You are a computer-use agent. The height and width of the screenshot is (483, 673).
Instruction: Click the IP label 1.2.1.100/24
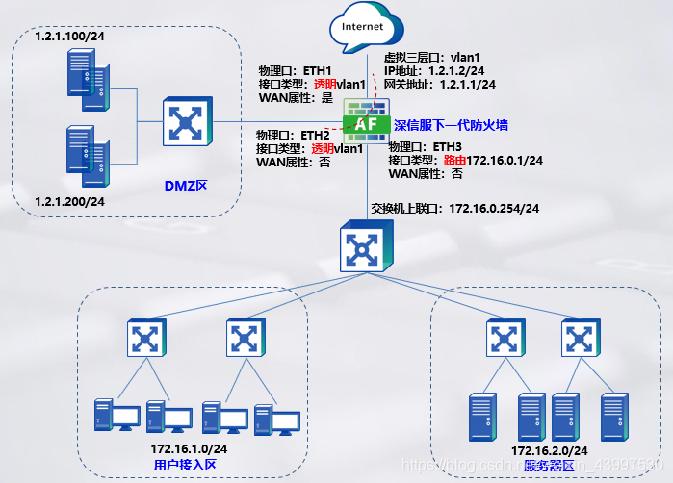[69, 36]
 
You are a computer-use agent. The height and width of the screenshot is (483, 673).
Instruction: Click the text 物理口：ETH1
[295, 71]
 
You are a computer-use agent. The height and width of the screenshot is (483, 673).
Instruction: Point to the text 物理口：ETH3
[425, 147]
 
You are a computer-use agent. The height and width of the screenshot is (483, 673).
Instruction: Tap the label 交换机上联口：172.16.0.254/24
[454, 208]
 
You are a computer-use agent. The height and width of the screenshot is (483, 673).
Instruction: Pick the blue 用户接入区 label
[187, 465]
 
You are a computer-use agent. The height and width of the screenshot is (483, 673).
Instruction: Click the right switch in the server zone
[578, 337]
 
